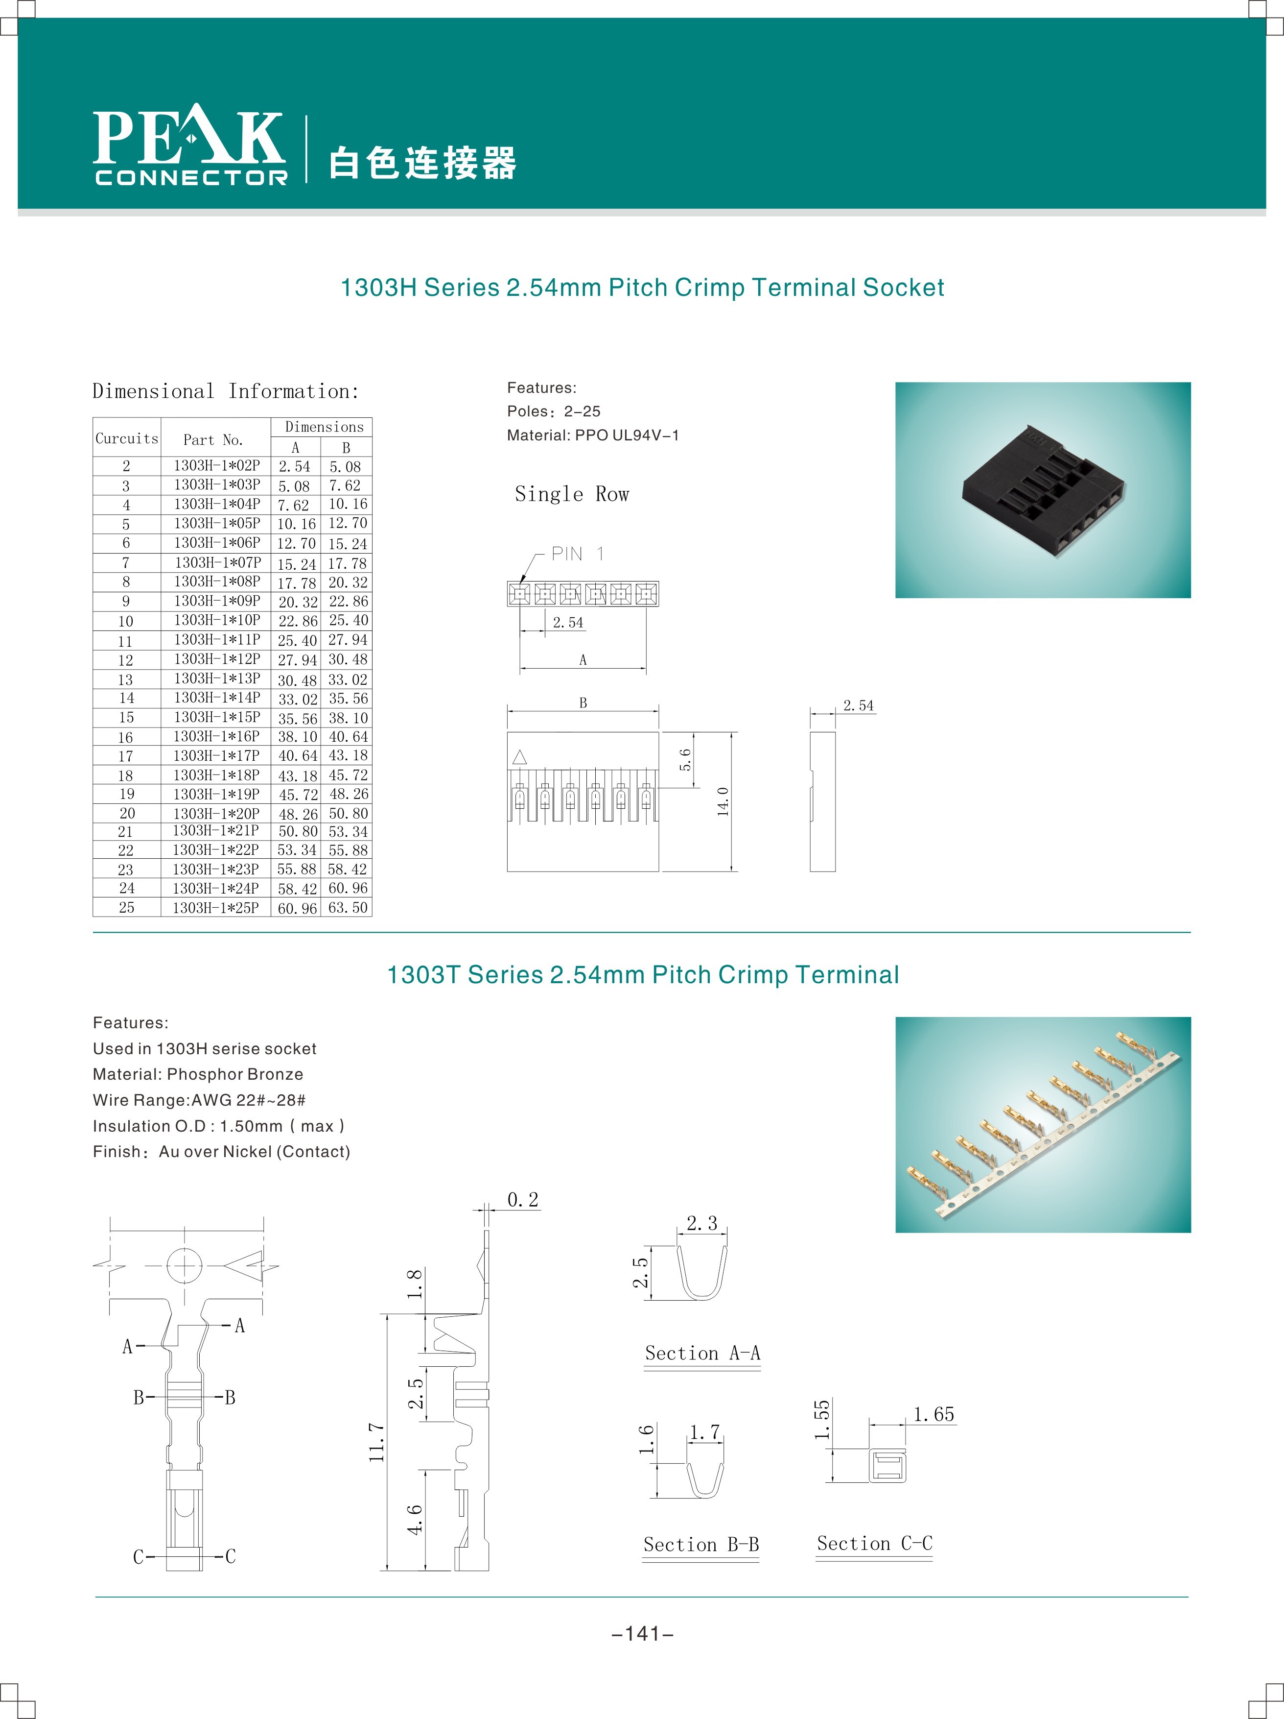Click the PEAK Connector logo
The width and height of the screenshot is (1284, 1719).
coord(190,145)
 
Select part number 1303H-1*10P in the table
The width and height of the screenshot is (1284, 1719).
coord(217,620)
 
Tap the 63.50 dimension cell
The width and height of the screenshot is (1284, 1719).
coord(347,908)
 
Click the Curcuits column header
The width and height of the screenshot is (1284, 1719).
coord(127,438)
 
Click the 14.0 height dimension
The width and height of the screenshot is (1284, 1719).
coord(723,801)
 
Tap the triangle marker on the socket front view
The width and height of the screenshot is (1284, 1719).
coord(520,757)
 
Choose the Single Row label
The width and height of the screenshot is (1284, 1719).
coord(572,494)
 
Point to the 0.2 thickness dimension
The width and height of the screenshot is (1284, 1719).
coord(523,1200)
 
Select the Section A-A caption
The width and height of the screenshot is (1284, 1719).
coord(702,1353)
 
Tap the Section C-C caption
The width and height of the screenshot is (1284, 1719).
coord(875,1543)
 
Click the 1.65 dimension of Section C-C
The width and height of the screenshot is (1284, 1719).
coord(934,1414)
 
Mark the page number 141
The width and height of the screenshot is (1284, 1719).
coord(642,1634)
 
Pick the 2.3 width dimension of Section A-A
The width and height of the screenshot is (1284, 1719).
coord(701,1223)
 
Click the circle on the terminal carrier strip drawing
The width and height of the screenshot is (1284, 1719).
coord(185,1266)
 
